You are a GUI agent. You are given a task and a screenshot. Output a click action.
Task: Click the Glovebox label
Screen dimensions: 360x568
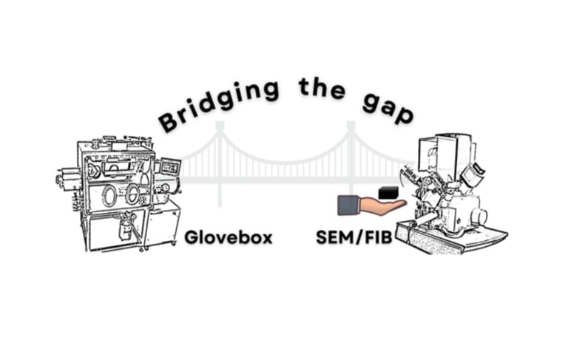229,237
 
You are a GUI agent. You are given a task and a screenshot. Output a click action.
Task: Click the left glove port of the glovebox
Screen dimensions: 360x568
109,195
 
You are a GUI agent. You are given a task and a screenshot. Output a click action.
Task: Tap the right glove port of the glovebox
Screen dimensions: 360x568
133,194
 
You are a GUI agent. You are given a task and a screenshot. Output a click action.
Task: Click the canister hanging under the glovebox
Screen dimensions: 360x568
126,225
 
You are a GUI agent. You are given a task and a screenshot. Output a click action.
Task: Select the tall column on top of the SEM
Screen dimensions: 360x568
447,155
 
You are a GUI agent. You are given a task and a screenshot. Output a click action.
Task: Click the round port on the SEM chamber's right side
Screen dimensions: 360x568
479,215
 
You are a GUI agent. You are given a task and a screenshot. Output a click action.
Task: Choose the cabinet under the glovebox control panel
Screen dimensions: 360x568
163,222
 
